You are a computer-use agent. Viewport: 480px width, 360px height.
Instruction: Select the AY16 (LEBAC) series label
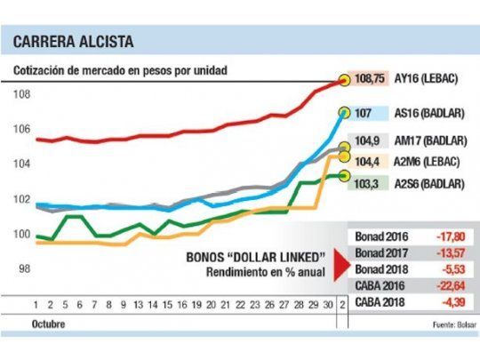coord(433,78)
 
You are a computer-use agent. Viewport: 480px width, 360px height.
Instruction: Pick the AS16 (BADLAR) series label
coord(432,113)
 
